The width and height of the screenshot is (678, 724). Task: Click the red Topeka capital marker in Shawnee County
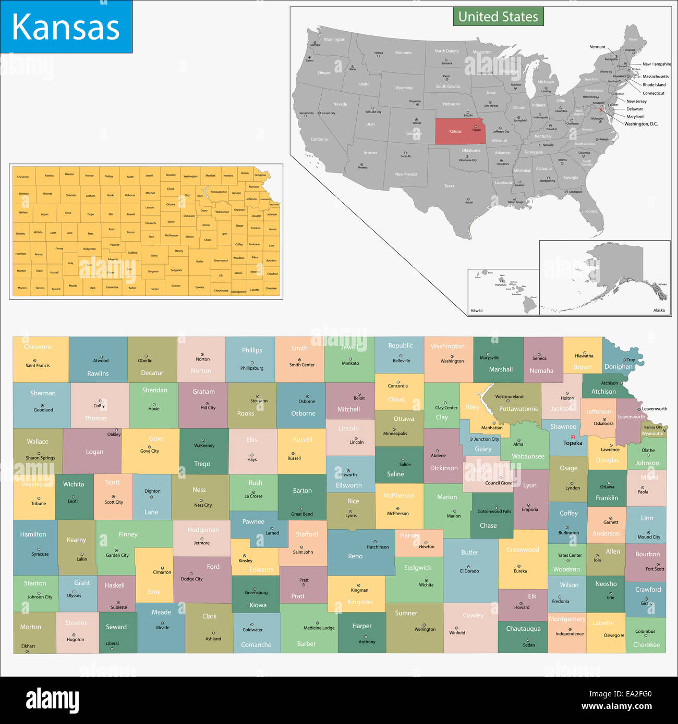[x=572, y=437]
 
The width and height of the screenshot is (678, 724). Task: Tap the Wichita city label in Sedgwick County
[x=426, y=585]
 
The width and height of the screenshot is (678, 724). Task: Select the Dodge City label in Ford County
[x=191, y=579]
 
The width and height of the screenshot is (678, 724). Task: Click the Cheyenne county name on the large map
[x=38, y=347]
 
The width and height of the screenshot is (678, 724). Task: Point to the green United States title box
[x=498, y=17]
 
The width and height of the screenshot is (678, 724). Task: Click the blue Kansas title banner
[x=66, y=27]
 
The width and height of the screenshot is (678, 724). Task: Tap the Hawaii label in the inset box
[x=476, y=310]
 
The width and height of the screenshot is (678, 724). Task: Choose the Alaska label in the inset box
[x=659, y=310]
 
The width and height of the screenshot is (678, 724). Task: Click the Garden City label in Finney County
[x=117, y=555]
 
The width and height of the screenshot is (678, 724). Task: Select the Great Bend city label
[x=302, y=514]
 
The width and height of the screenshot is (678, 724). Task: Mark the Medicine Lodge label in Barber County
[x=319, y=628]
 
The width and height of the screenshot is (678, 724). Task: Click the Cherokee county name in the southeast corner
[x=646, y=645]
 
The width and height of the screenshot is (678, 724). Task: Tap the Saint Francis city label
[x=38, y=366]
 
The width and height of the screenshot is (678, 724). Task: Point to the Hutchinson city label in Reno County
[x=378, y=547]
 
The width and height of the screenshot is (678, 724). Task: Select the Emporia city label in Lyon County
[x=530, y=509]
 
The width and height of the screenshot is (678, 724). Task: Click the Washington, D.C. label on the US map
[x=641, y=124]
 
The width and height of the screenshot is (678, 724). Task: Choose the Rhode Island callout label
[x=654, y=85]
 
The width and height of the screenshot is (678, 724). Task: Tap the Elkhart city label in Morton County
[x=28, y=646]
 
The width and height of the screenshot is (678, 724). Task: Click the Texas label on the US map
[x=449, y=185]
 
